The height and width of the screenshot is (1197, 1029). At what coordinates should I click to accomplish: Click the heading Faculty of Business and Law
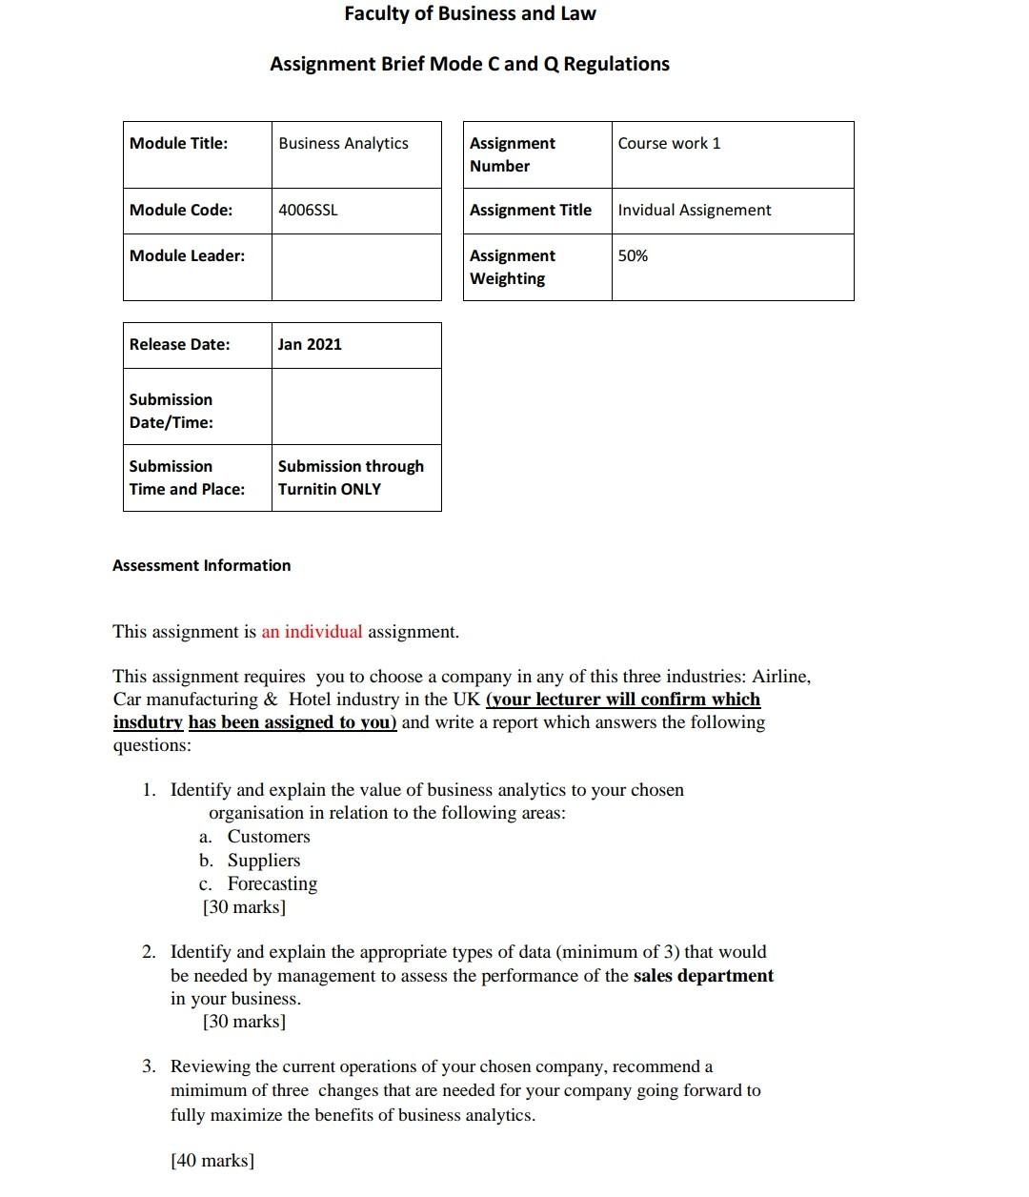point(470,13)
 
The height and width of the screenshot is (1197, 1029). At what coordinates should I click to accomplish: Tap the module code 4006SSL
point(308,210)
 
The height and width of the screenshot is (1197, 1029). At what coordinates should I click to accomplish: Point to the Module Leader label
point(187,255)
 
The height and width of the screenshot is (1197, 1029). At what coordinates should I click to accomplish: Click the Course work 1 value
point(669,143)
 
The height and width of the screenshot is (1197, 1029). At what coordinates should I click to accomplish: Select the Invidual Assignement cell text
point(694,210)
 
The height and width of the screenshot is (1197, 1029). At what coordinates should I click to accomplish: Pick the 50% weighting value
point(633,255)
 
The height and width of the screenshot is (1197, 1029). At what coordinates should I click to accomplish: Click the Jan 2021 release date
point(310,344)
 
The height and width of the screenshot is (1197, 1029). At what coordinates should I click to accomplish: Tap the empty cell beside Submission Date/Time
point(356,407)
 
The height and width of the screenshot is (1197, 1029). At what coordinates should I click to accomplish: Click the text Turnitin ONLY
point(330,489)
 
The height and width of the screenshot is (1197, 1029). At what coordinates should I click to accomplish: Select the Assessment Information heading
point(202,565)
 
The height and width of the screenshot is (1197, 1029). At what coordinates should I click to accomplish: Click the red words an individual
point(312,631)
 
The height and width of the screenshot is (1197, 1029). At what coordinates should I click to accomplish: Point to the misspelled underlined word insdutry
point(148,722)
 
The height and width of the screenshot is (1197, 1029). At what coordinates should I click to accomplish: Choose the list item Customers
point(269,837)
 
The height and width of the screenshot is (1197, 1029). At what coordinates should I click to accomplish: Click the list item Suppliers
point(264,861)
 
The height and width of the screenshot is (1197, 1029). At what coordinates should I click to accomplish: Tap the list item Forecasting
point(272,883)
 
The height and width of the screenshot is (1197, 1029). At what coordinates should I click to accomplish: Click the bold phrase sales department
point(703,976)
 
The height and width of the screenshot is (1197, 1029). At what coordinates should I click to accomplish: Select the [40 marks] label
point(212,1160)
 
